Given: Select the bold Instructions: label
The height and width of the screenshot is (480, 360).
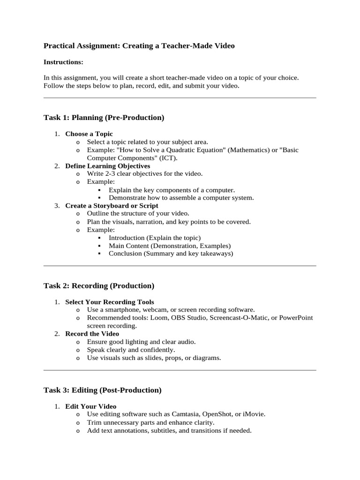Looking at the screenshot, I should coord(63,62).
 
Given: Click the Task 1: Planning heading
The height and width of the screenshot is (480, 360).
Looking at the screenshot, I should coord(104,118).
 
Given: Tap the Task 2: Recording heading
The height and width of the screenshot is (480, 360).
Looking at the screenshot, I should coord(98,285).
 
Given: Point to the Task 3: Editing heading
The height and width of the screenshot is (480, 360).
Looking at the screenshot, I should coord(102,390).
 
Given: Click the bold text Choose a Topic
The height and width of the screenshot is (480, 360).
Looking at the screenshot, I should coord(89,134).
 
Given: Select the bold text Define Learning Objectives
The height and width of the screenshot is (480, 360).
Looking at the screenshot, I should coord(108,166).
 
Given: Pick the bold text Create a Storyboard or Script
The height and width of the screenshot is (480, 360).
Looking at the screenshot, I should coord(112,206).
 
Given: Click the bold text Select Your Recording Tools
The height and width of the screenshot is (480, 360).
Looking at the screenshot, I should coord(110,302).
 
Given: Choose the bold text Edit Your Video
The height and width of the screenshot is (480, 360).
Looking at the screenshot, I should coord(91,406).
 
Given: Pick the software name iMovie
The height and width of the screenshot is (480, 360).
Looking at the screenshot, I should coord(254,414).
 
